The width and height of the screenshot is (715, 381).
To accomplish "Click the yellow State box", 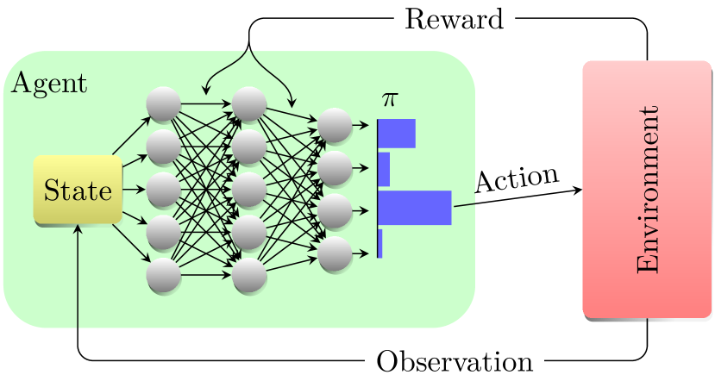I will [x=78, y=190].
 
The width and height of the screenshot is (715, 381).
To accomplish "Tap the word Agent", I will [x=48, y=84].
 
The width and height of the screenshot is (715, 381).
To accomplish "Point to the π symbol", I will [x=390, y=100].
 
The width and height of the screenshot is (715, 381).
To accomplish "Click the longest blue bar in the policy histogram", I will [x=415, y=208].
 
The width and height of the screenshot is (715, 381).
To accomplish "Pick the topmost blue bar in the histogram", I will [x=397, y=133].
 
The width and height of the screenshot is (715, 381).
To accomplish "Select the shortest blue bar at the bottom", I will [x=379, y=243].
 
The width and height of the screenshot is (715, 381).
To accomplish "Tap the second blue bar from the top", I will [x=384, y=169].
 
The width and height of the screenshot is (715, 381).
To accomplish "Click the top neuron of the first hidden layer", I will [x=163, y=104].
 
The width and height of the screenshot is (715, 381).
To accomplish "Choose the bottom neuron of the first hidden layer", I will [x=163, y=276].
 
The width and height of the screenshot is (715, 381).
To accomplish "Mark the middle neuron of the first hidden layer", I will [x=163, y=190].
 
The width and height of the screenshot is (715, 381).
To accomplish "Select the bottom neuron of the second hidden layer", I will [x=248, y=276].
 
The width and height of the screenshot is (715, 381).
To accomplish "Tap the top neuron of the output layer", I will [x=335, y=126].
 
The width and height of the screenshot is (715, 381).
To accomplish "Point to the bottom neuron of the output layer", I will [x=335, y=254].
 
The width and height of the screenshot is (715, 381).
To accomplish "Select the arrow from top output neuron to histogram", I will [x=363, y=126].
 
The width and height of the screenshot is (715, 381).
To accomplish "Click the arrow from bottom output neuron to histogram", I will [x=363, y=254].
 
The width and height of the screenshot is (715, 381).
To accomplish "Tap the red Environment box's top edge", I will [x=647, y=62].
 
